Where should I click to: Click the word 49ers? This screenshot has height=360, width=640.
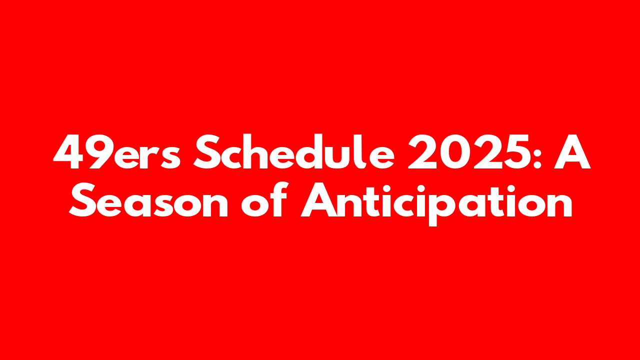[117, 152]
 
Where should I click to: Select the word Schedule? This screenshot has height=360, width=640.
[294, 151]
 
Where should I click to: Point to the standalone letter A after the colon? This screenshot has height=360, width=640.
[572, 152]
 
